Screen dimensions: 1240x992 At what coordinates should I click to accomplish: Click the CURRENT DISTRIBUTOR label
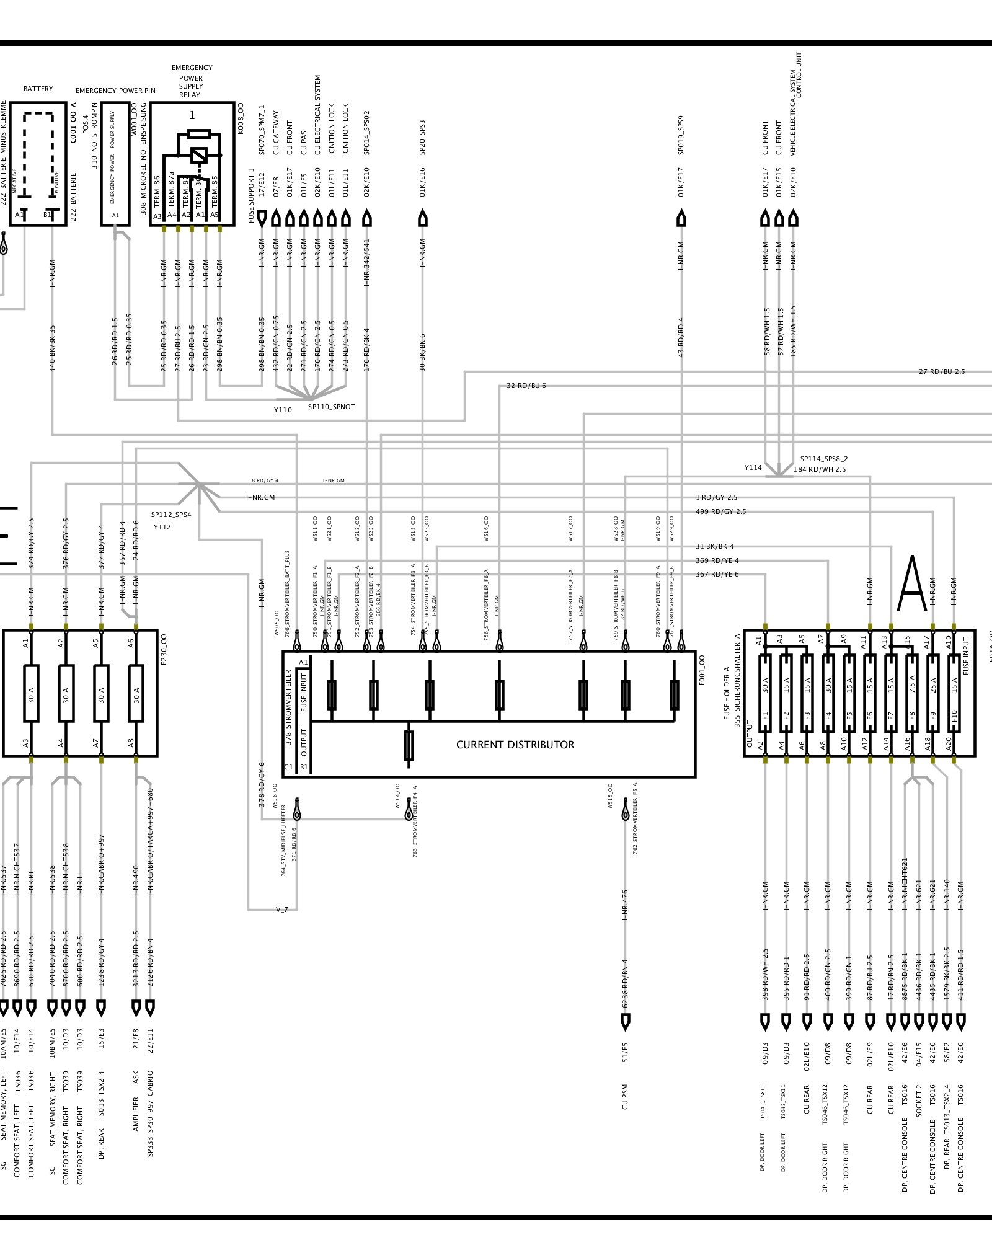[x=515, y=745]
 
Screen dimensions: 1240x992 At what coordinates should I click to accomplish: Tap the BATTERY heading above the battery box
[x=38, y=89]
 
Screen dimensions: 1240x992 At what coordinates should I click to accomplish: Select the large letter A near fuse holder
[x=912, y=584]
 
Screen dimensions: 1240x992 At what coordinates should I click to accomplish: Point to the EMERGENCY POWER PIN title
[x=115, y=91]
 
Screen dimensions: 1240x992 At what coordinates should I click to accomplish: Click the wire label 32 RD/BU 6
[x=526, y=386]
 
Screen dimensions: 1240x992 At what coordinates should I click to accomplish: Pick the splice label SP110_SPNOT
[x=332, y=407]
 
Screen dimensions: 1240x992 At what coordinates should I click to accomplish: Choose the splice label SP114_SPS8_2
[x=823, y=459]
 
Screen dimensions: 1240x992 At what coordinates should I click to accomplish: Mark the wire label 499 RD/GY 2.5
[x=721, y=511]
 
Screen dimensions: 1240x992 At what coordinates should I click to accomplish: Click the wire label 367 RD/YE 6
[x=717, y=574]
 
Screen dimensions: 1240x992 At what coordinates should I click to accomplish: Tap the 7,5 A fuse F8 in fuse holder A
[x=911, y=693]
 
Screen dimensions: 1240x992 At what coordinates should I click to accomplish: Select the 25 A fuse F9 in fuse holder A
[x=932, y=693]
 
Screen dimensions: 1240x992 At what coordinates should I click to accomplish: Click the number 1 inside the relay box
[x=192, y=115]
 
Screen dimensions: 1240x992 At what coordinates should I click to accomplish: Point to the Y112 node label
[x=162, y=527]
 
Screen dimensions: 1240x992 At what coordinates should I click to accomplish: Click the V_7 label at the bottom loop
[x=282, y=910]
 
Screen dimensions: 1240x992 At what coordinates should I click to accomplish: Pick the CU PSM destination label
[x=625, y=1096]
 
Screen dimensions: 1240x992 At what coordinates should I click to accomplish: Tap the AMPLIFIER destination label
[x=136, y=1110]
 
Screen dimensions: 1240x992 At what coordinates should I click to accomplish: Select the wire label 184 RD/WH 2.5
[x=820, y=469]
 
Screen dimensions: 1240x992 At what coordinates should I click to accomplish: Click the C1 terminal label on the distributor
[x=288, y=767]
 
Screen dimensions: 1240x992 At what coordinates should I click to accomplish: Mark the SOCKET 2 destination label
[x=919, y=1101]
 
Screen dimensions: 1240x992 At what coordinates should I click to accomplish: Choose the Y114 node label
[x=753, y=467]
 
